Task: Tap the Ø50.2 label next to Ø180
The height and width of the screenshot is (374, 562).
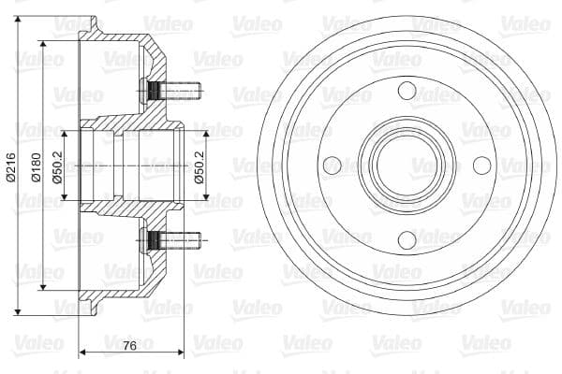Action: pyautogui.click(x=59, y=165)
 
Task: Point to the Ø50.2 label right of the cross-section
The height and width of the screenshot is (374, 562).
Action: pyautogui.click(x=199, y=165)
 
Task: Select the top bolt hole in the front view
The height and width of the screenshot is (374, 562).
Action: pyautogui.click(x=406, y=91)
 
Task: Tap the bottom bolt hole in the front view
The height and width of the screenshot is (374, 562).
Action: pyautogui.click(x=406, y=240)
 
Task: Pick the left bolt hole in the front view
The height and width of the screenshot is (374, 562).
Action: pyautogui.click(x=331, y=165)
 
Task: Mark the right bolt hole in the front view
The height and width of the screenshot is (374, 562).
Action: pyautogui.click(x=481, y=165)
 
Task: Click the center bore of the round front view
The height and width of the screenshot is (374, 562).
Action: pyautogui.click(x=406, y=165)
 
